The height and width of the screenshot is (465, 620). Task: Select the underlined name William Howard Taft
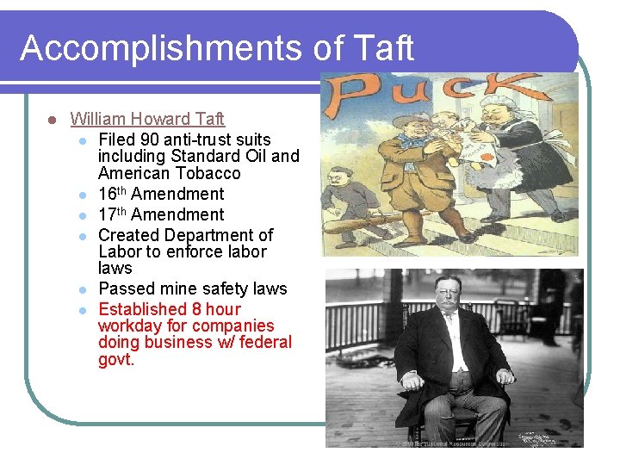(147, 119)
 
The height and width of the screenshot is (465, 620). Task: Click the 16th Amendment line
(160, 195)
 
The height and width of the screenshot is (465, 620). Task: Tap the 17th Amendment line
(160, 215)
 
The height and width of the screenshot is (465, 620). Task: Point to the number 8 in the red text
(201, 309)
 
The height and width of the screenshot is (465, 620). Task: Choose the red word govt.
(116, 359)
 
